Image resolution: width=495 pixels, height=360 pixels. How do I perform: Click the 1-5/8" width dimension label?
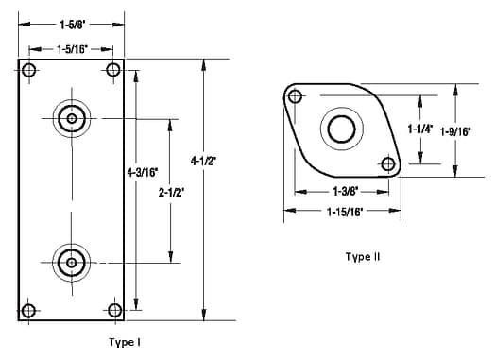tap(73, 25)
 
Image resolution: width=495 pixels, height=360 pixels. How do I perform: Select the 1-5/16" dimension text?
tap(72, 49)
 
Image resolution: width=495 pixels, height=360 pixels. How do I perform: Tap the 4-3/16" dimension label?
tap(143, 172)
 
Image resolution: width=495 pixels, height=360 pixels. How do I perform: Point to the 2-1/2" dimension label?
tap(171, 193)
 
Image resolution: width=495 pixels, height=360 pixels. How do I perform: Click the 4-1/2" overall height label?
tap(203, 162)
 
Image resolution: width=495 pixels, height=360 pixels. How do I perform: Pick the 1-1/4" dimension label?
tap(420, 129)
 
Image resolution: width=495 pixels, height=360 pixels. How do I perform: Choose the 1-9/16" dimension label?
tap(455, 131)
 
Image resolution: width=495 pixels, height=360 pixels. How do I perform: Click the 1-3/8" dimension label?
tap(345, 191)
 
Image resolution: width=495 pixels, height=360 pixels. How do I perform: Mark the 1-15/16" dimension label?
tap(345, 212)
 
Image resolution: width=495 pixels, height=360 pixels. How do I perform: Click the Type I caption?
tap(125, 342)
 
